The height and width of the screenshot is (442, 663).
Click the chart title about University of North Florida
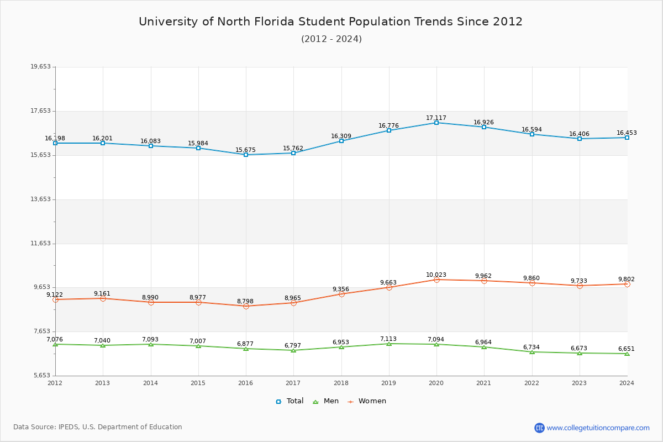coord(330,22)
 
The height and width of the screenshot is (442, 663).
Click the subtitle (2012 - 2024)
coord(331,39)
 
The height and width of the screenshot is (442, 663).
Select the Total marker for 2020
coord(436,123)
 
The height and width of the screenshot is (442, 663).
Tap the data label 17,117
coord(436,118)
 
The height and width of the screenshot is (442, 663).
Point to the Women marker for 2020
coord(436,280)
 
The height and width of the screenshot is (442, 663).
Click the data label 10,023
coord(436,275)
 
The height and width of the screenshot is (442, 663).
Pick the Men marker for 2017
coord(293,350)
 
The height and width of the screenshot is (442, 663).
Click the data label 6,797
coord(293,346)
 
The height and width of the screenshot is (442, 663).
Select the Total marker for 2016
coord(246,155)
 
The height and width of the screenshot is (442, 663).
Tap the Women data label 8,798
coord(245,302)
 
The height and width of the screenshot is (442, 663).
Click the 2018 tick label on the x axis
coord(341,383)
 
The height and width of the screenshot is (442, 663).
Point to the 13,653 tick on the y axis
coord(40,199)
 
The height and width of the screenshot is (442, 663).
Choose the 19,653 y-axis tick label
coord(40,67)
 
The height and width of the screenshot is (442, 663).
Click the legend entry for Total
coord(290,401)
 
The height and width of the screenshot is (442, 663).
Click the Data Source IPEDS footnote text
coord(98,427)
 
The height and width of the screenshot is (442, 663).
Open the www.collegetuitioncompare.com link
coord(598,428)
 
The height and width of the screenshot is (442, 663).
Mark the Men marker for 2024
coord(627,354)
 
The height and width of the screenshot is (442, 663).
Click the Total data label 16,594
coord(532,130)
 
